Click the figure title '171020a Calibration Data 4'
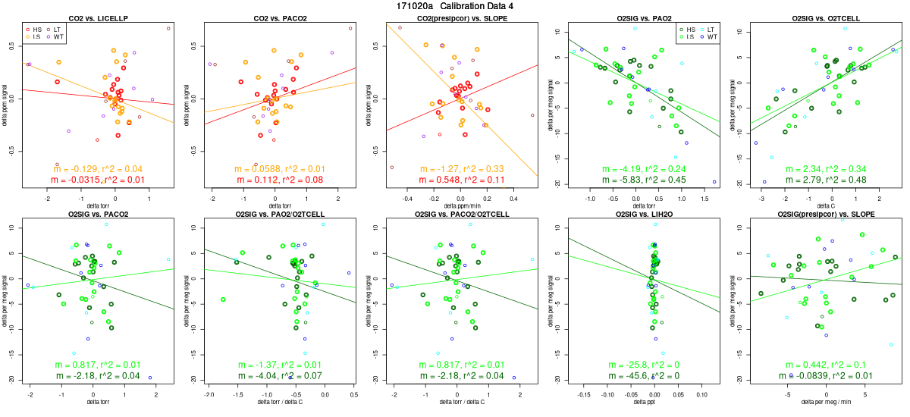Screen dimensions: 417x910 click(x=455, y=6)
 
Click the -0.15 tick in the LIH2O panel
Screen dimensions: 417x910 click(x=585, y=394)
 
